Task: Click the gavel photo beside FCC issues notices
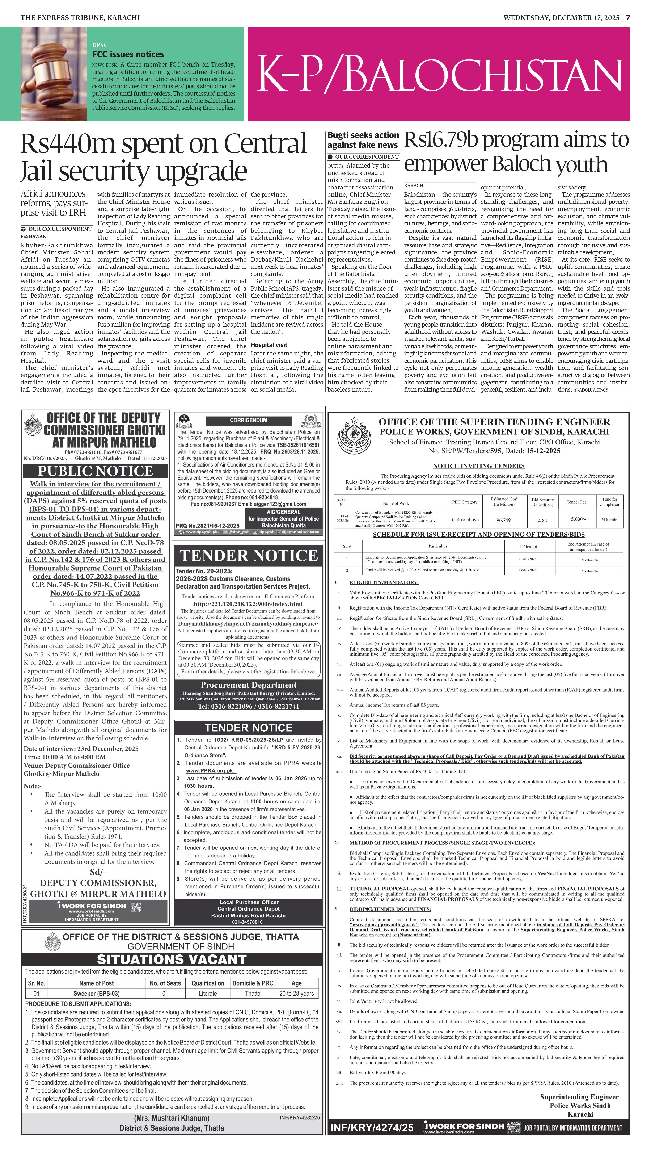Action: click(x=54, y=74)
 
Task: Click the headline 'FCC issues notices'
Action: click(x=128, y=54)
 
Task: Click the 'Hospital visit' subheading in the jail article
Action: click(x=269, y=345)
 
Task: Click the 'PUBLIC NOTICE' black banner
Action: click(x=95, y=471)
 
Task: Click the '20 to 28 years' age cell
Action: click(x=296, y=993)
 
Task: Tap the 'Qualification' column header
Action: click(x=208, y=983)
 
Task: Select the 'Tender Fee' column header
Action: click(x=576, y=502)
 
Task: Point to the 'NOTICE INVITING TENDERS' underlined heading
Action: click(x=478, y=466)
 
